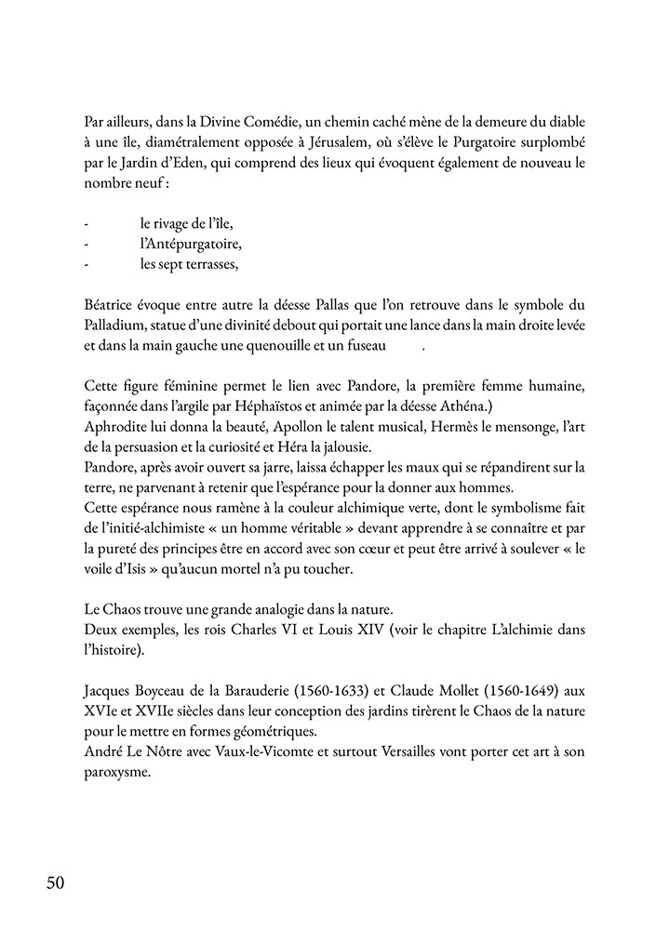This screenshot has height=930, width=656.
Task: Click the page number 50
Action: click(55, 883)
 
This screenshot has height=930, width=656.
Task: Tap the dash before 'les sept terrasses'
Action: click(86, 264)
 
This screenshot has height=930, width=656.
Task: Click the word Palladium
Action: click(115, 325)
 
